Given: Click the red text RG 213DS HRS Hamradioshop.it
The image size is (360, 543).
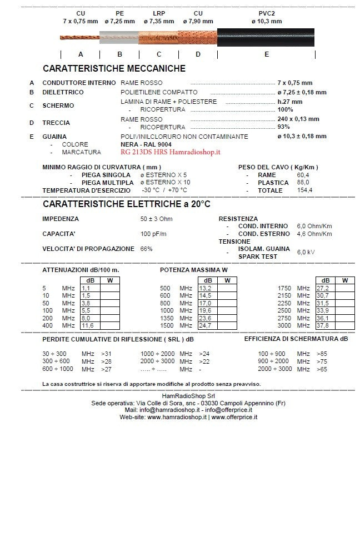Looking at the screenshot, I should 171,152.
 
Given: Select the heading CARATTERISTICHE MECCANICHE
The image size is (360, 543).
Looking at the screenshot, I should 114,68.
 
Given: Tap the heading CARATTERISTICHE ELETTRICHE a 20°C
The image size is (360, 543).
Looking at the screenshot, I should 126,204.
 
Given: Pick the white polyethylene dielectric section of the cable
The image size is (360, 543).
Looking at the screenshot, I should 119,37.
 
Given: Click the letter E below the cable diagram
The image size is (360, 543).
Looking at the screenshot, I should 267,54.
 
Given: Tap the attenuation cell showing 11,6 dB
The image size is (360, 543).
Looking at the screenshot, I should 88,325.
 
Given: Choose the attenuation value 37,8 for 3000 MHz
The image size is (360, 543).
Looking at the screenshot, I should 323,325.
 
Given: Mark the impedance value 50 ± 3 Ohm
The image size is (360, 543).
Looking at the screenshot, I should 156,219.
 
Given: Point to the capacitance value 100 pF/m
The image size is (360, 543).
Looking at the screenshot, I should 153,234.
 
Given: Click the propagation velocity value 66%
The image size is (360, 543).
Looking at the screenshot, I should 147,249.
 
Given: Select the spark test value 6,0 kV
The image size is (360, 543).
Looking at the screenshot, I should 306,252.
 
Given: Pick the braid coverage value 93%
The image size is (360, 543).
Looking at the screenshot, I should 284,127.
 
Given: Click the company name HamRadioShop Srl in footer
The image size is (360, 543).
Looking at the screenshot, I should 181,395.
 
